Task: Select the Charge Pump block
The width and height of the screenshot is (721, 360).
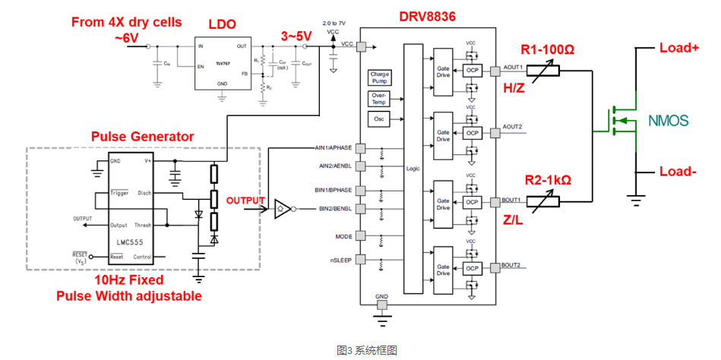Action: click(378, 77)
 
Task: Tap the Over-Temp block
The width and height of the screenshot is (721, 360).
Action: click(378, 99)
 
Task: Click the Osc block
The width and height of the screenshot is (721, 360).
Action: click(378, 119)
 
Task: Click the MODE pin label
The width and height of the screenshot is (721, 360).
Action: click(343, 236)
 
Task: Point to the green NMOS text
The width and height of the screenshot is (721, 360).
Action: click(668, 121)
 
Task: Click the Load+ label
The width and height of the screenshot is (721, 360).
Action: click(679, 47)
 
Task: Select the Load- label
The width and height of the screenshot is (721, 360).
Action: click(678, 172)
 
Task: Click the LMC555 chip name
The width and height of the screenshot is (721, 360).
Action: click(128, 242)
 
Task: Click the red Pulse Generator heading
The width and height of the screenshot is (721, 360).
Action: click(142, 137)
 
